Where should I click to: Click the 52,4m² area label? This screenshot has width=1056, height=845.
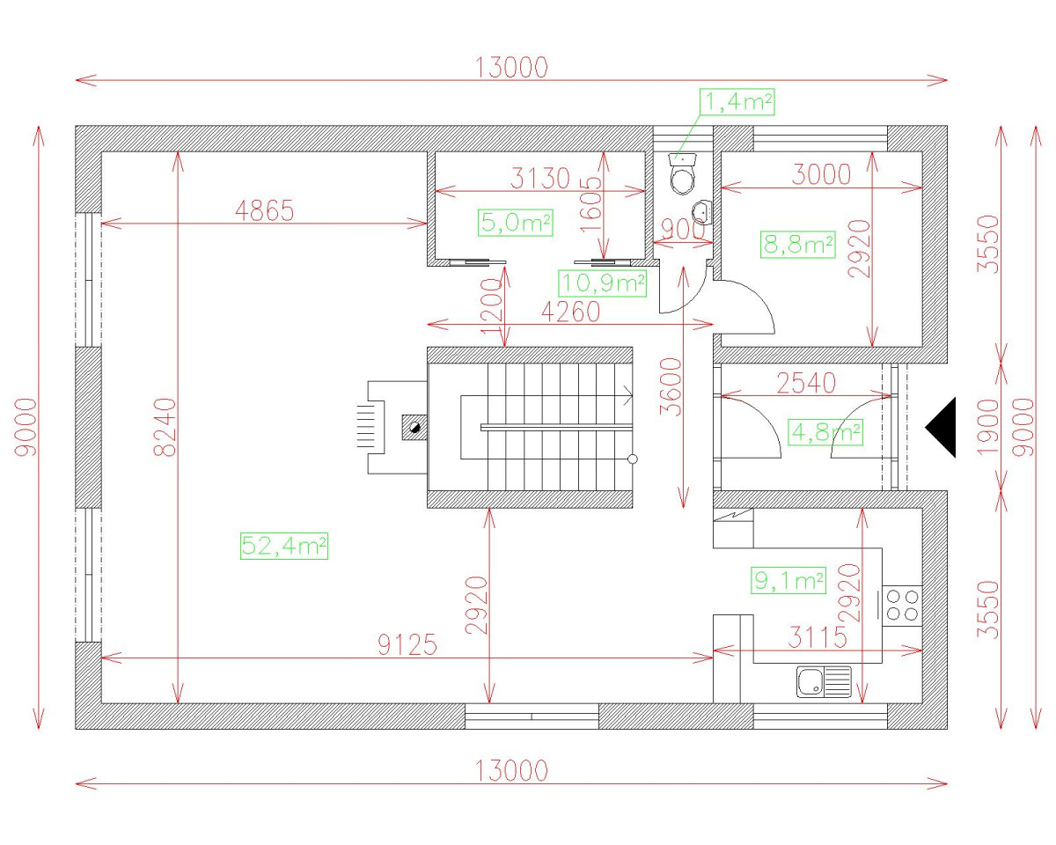pyautogui.click(x=283, y=547)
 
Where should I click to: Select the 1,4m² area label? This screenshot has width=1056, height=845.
pyautogui.click(x=737, y=102)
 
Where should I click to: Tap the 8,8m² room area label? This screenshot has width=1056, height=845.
pyautogui.click(x=797, y=245)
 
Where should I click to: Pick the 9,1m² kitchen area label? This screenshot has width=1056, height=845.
pyautogui.click(x=788, y=580)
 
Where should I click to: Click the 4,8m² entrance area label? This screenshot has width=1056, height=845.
pyautogui.click(x=825, y=432)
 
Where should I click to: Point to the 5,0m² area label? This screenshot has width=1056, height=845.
pyautogui.click(x=516, y=223)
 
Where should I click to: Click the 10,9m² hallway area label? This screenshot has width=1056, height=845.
pyautogui.click(x=603, y=283)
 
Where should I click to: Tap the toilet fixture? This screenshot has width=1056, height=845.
pyautogui.click(x=684, y=173)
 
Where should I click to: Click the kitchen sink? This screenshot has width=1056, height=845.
pyautogui.click(x=824, y=681)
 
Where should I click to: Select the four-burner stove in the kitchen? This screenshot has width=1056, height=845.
pyautogui.click(x=902, y=604)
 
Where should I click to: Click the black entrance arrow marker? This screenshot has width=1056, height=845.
pyautogui.click(x=942, y=427)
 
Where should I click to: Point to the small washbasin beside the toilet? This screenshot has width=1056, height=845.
pyautogui.click(x=701, y=212)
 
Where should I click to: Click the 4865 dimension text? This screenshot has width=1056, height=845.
pyautogui.click(x=264, y=210)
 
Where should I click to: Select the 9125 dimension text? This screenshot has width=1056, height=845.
pyautogui.click(x=407, y=645)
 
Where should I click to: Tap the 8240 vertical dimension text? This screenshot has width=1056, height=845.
pyautogui.click(x=165, y=428)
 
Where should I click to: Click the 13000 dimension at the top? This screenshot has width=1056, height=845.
pyautogui.click(x=511, y=67)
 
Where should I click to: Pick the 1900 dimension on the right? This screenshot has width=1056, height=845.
pyautogui.click(x=989, y=427)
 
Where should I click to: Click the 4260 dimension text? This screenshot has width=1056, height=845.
pyautogui.click(x=570, y=312)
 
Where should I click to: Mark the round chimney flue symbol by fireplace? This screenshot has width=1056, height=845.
pyautogui.click(x=414, y=429)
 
